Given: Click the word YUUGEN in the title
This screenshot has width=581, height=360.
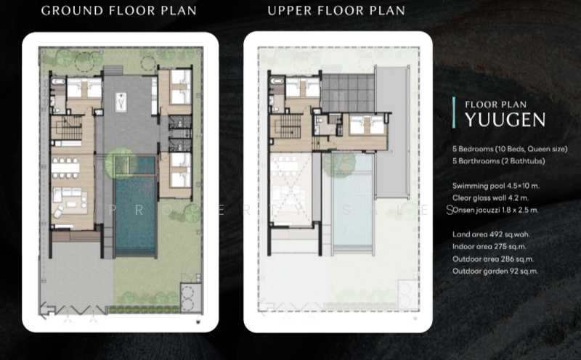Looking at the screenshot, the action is coord(505,120).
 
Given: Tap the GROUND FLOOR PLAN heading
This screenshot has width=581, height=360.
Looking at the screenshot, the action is coord(119,11).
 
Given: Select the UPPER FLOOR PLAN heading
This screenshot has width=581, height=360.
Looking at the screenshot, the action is coord(336,11).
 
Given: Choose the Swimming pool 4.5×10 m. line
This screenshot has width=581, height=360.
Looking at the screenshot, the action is coord(496,186).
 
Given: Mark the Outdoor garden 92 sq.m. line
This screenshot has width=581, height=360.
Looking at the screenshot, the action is coord(495,271).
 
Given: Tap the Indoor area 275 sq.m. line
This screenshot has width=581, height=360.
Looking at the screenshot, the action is coord(489,247).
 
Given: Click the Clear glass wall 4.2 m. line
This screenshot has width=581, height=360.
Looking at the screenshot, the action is coord(491,197).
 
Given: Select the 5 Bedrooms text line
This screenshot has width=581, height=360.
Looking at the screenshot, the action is coord(510,149).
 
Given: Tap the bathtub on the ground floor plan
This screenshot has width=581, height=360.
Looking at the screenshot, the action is coord(58,81).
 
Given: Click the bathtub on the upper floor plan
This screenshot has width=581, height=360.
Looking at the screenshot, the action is coord(277,81).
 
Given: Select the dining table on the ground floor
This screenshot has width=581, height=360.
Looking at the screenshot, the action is coord(65,168).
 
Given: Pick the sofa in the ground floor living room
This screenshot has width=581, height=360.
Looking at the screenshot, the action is coord(66,193).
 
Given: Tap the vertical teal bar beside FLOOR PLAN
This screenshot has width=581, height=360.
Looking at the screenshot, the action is coord(454,112).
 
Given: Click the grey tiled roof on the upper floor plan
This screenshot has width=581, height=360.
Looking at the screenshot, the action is coord(348,93).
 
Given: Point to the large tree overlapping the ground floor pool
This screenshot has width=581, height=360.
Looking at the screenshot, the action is coord(121,163).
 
